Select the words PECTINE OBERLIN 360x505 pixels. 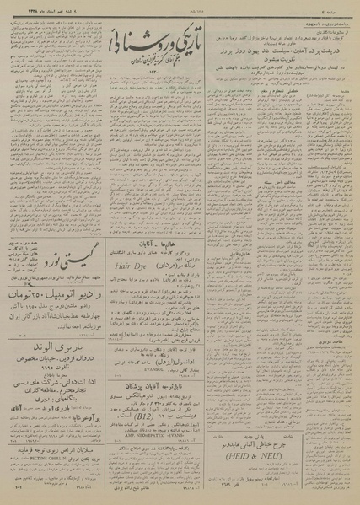pyautogui.click(x=59, y=447)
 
